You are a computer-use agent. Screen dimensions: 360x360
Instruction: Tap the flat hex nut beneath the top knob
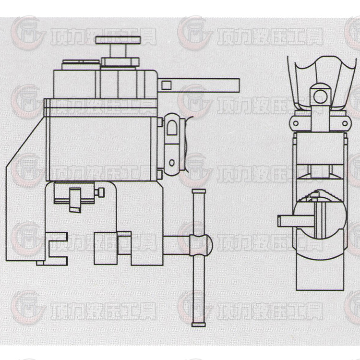[118, 61]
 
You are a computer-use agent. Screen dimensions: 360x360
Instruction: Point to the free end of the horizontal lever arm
[235, 84]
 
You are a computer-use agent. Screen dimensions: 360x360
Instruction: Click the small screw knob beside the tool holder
[101, 193]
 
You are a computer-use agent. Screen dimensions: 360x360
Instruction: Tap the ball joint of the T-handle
[202, 245]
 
